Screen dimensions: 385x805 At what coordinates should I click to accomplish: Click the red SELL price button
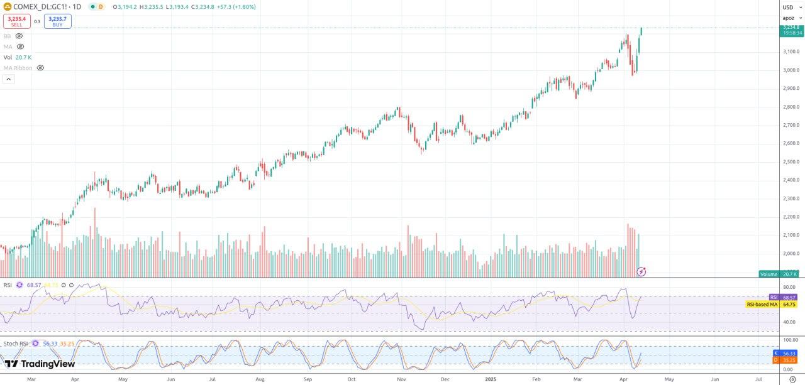click(x=17, y=21)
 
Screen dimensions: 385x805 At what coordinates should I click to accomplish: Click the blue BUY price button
click(x=57, y=21)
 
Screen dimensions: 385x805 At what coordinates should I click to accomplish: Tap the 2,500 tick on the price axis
click(x=791, y=162)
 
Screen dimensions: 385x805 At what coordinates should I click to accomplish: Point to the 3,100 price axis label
click(x=791, y=52)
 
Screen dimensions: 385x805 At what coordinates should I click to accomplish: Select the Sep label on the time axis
click(x=308, y=379)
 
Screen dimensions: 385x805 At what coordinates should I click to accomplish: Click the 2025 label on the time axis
click(x=492, y=379)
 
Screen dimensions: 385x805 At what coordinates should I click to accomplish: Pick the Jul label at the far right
click(x=758, y=379)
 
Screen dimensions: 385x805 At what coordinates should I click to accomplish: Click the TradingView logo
click(x=40, y=364)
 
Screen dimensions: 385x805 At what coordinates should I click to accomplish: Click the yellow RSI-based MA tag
click(x=772, y=305)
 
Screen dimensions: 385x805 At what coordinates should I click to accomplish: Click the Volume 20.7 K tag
click(x=779, y=274)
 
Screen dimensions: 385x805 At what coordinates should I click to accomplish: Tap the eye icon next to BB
click(x=19, y=36)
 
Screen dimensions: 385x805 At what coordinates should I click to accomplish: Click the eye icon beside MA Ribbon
click(x=40, y=68)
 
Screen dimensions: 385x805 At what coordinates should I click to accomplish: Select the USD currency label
click(x=788, y=7)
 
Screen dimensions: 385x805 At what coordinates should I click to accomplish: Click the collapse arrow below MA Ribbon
click(x=9, y=79)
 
